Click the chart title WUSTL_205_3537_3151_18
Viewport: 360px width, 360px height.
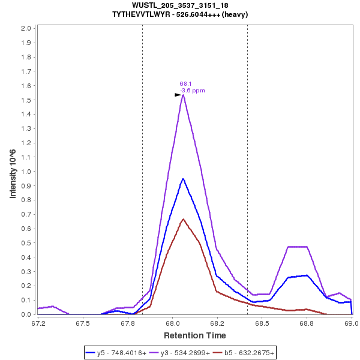(x=179, y=5)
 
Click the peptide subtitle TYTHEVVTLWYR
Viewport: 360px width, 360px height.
(x=180, y=14)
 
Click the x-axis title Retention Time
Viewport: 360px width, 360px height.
(x=195, y=335)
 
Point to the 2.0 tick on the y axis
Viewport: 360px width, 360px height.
(x=26, y=28)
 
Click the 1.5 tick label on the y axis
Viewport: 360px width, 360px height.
(x=26, y=100)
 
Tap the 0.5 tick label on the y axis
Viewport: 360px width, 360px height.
(x=26, y=243)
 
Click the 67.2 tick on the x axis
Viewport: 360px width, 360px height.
(x=38, y=322)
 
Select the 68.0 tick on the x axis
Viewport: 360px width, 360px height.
(x=172, y=322)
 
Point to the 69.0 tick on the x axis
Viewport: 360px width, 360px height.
(x=352, y=322)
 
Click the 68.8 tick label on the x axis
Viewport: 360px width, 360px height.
(x=307, y=322)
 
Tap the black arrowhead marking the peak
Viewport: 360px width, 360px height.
(x=178, y=95)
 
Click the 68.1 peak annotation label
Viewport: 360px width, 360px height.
(x=185, y=84)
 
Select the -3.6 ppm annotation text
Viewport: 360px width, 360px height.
(x=193, y=91)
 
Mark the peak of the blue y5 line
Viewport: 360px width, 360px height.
(x=183, y=179)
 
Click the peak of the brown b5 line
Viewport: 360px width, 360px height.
(x=183, y=219)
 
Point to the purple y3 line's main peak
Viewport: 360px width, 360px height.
(x=183, y=95)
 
